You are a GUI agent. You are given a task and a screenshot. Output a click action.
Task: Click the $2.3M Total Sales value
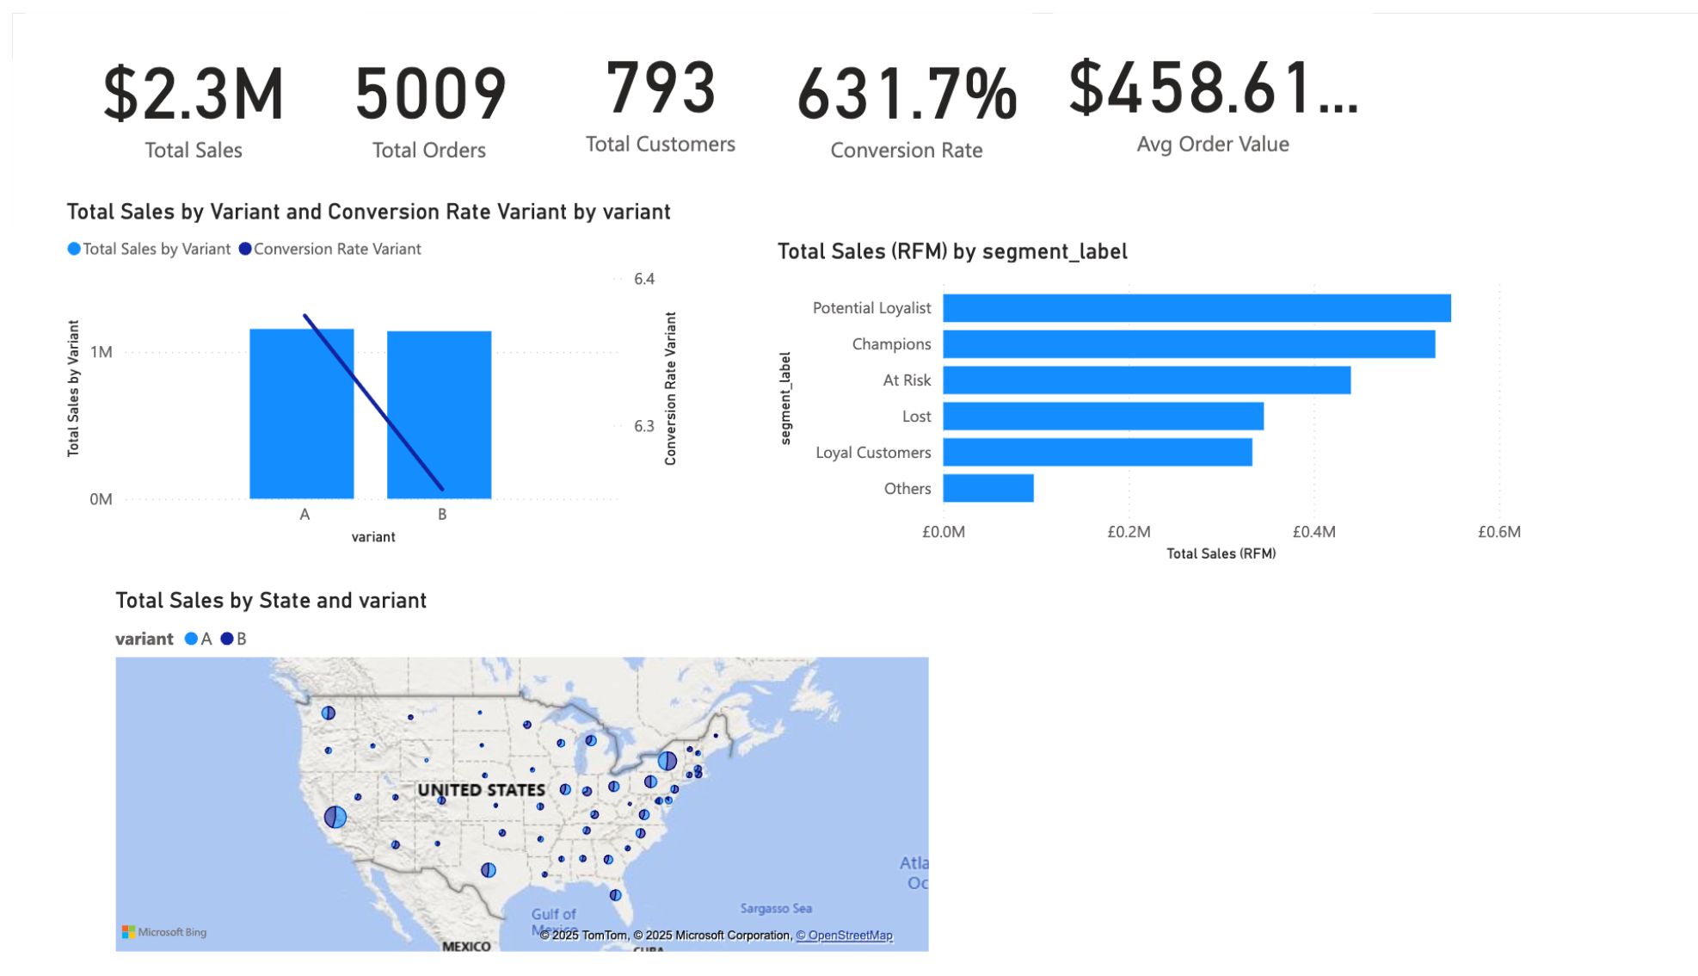(x=194, y=94)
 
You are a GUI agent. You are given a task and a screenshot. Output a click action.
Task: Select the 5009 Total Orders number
(x=430, y=94)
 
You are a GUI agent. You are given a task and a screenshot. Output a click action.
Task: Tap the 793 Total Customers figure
(x=661, y=88)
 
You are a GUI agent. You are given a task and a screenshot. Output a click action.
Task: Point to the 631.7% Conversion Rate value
(x=907, y=94)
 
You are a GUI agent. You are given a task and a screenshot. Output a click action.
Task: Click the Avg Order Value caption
(x=1212, y=145)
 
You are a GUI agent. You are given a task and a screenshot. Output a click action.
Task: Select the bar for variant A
(x=301, y=413)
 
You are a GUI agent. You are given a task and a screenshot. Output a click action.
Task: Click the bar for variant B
(x=439, y=414)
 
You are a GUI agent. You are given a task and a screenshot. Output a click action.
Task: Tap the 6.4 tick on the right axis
(x=644, y=279)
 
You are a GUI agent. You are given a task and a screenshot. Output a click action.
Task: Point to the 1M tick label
(x=102, y=352)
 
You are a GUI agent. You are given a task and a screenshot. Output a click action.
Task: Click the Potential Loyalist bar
(x=1196, y=308)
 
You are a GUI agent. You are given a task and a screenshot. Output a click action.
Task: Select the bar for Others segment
(x=987, y=488)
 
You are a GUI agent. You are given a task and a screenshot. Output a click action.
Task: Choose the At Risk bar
(x=1146, y=380)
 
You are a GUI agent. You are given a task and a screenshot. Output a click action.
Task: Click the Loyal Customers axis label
(x=872, y=453)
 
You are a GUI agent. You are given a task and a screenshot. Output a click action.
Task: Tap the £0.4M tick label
(x=1313, y=532)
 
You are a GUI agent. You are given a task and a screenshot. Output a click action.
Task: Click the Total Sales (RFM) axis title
(x=1221, y=553)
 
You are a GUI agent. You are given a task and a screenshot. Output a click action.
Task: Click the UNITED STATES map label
(x=481, y=790)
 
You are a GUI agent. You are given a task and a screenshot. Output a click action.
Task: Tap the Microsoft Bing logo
(x=164, y=932)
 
